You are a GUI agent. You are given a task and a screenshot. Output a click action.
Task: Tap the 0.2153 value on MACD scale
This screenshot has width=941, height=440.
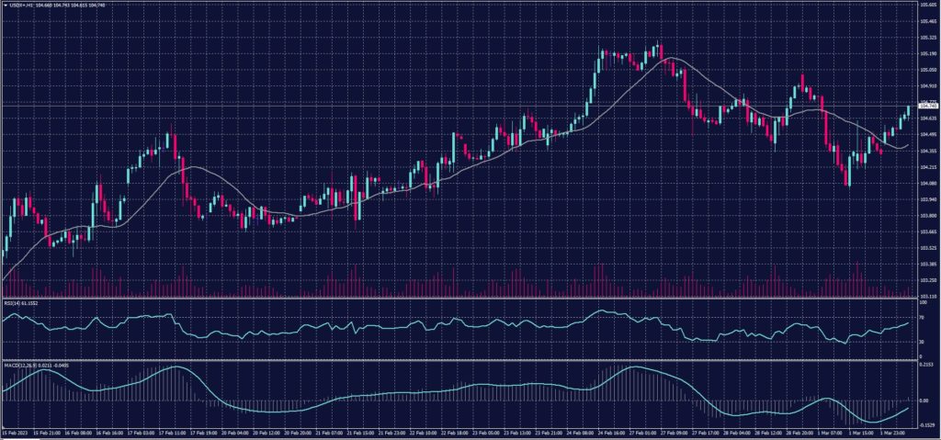coord(926,366)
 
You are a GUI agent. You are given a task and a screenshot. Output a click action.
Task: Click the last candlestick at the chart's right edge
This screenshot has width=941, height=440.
coord(908,110)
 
